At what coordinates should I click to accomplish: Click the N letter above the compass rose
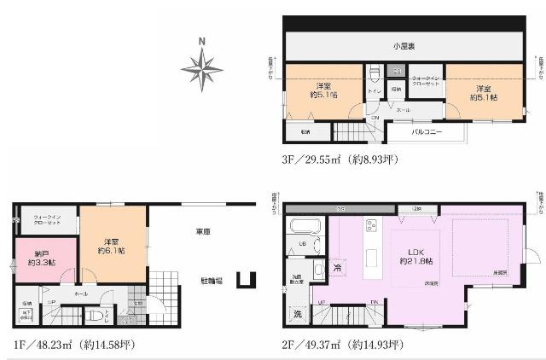[x=202, y=40]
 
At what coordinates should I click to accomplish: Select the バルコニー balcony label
[x=427, y=132]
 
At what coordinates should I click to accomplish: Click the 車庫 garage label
[x=202, y=231]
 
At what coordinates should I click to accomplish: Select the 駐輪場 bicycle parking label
[x=212, y=281]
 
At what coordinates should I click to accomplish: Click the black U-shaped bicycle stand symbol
[x=247, y=279]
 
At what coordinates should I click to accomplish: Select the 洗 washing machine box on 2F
[x=297, y=314]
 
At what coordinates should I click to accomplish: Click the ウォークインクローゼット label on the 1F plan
[x=42, y=218]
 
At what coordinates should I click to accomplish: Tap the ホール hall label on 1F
[x=80, y=293]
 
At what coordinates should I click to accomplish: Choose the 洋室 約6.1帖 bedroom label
[x=112, y=245]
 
